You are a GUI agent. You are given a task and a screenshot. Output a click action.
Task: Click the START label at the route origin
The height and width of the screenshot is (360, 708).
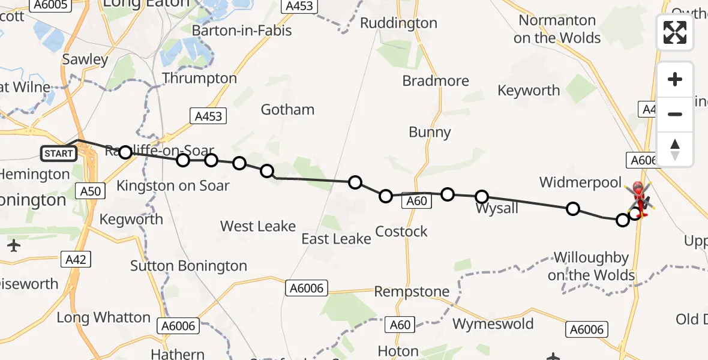(x=59, y=154)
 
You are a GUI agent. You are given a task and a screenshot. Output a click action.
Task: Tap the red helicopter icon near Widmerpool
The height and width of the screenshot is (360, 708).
(x=638, y=197)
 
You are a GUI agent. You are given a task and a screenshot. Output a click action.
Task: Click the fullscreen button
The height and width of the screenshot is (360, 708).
(x=675, y=32)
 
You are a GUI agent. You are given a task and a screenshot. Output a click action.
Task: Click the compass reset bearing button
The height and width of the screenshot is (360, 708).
(x=675, y=149)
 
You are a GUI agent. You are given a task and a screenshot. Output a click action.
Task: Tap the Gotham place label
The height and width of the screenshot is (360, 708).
(x=287, y=110)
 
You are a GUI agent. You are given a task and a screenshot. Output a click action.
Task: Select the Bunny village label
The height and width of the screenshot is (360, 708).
(x=430, y=133)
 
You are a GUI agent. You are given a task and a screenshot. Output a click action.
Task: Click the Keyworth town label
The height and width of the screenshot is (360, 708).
(x=529, y=91)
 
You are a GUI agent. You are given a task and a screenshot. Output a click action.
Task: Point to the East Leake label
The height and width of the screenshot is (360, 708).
(x=336, y=239)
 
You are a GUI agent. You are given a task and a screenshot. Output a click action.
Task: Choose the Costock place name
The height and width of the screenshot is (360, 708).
(x=401, y=232)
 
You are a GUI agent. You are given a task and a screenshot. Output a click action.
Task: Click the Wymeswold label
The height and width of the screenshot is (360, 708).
(x=493, y=324)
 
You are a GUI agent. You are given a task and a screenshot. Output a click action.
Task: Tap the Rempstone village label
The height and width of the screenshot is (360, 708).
(x=412, y=292)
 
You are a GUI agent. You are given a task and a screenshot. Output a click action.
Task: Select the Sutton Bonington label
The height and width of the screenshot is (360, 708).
(x=188, y=266)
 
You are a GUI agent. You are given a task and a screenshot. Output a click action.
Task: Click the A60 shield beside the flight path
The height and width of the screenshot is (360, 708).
(x=416, y=201)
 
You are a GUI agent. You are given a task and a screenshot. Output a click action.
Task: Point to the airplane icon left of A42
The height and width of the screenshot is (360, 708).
(x=14, y=245)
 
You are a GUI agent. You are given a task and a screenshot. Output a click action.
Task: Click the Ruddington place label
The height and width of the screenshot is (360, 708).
(x=398, y=23)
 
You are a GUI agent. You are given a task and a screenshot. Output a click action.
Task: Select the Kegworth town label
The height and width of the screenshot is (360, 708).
(x=131, y=220)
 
